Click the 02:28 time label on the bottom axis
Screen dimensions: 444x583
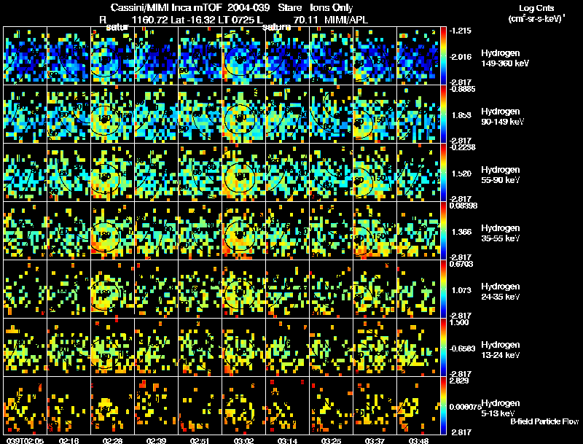[x=113, y=440]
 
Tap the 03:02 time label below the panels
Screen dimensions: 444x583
[x=244, y=440]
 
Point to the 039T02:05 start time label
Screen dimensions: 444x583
[x=23, y=440]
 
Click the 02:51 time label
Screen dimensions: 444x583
[x=201, y=440]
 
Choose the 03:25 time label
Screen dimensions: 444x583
[x=332, y=440]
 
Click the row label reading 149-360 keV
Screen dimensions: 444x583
[x=505, y=64]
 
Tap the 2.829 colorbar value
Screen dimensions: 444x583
[x=460, y=381]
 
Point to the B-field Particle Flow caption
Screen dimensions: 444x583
[x=544, y=421]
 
